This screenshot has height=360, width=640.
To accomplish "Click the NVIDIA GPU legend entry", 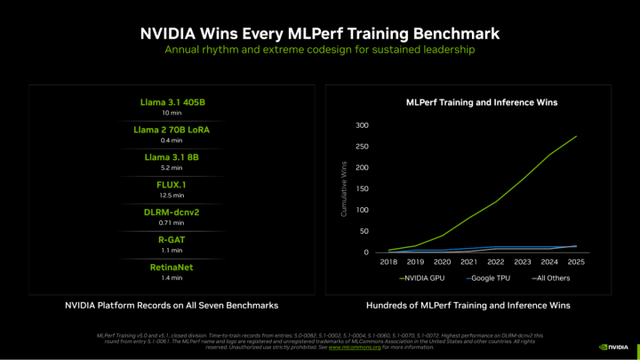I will tap(424, 277).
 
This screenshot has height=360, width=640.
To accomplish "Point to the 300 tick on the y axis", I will tap(363, 124).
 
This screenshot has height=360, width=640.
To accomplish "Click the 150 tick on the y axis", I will tap(363, 188).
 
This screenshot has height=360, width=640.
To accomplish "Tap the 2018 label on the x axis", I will tap(388, 262).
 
